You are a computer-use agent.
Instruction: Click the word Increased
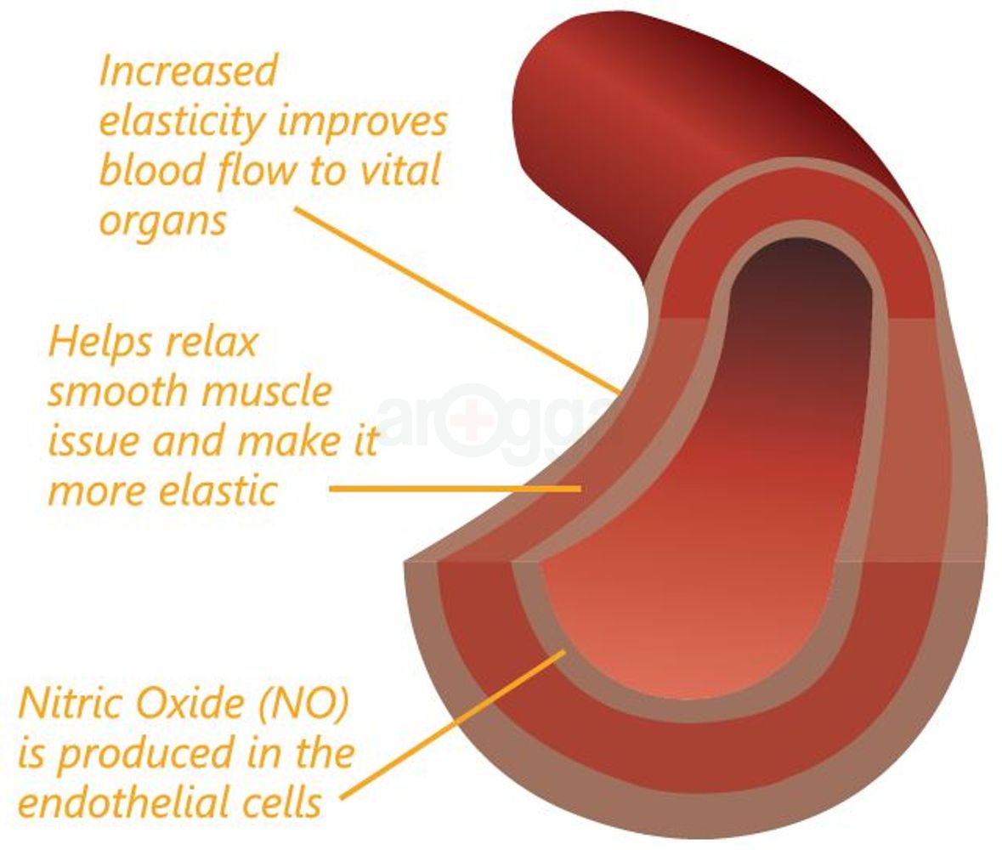click(188, 71)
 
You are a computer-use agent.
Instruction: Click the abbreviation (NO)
click(306, 705)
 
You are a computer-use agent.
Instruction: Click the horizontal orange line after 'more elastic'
click(455, 489)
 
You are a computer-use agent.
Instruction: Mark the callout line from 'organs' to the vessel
click(459, 300)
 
